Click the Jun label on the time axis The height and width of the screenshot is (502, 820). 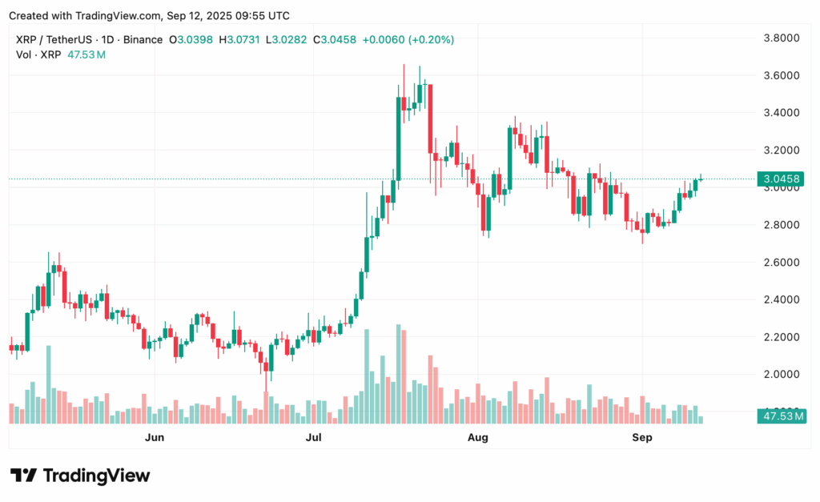coord(155,437)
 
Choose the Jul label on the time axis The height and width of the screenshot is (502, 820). coord(314,437)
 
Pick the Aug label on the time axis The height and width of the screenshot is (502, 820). coord(477,437)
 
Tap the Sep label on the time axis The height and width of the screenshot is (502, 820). coord(642,437)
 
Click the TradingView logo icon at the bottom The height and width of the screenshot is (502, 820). coord(23,476)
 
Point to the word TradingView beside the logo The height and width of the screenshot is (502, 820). coord(96,476)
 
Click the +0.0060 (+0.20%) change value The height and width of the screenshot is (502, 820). coord(408,39)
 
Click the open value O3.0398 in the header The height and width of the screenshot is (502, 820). coord(191,39)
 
